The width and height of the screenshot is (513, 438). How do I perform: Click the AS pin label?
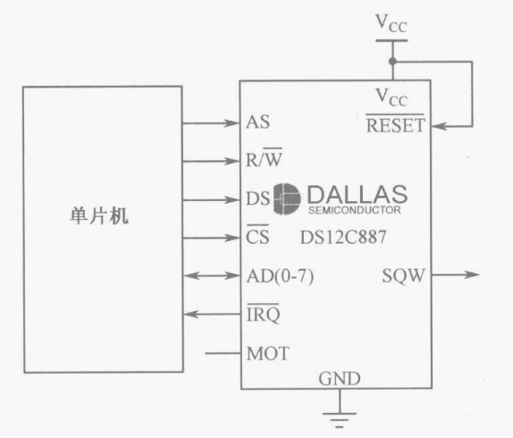[x=257, y=122]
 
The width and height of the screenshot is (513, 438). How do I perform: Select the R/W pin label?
[x=265, y=161]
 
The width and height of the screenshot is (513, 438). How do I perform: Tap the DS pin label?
[x=258, y=198]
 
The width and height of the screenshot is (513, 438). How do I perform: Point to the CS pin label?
[x=257, y=238]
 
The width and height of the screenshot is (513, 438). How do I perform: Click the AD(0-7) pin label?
[x=279, y=276]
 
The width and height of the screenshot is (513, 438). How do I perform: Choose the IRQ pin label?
[x=263, y=315]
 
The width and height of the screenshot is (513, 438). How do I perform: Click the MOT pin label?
[x=267, y=353]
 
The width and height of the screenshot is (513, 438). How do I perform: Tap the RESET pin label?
[x=396, y=126]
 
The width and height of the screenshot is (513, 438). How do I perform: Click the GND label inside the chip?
[x=340, y=379]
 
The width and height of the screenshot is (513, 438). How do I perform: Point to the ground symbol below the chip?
[x=340, y=414]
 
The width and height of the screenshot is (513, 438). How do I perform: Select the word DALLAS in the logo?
[x=357, y=194]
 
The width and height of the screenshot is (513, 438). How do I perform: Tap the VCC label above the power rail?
[x=390, y=21]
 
